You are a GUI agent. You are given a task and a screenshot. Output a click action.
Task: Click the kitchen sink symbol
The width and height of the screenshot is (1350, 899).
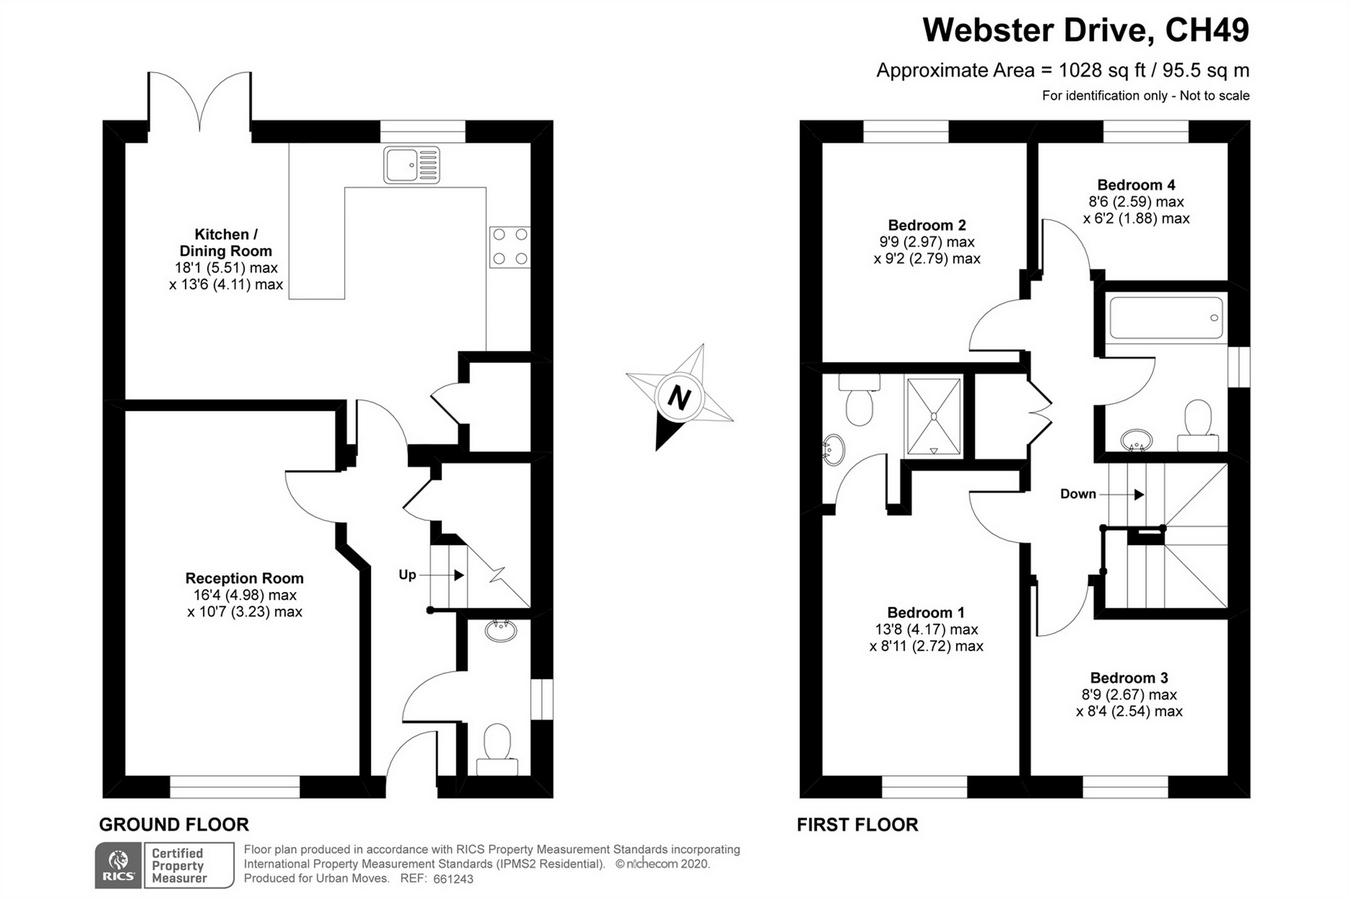(x=411, y=165)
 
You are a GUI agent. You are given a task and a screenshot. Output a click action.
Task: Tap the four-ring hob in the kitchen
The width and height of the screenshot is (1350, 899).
(x=509, y=247)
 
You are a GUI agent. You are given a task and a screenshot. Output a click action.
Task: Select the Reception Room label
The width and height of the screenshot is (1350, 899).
(x=244, y=578)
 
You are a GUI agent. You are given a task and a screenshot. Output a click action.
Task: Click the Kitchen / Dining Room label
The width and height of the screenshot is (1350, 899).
(x=226, y=242)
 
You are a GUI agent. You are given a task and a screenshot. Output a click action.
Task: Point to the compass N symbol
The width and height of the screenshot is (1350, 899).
(x=680, y=397)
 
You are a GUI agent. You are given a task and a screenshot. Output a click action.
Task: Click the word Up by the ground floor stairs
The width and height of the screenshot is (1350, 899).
(x=407, y=575)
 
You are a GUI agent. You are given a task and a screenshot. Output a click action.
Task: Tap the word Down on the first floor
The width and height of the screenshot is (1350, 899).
(x=1078, y=494)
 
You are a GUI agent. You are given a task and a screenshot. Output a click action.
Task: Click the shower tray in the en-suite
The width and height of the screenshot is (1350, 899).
(x=934, y=416)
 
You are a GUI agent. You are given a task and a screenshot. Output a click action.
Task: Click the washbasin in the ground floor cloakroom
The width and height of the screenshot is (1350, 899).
(x=499, y=630)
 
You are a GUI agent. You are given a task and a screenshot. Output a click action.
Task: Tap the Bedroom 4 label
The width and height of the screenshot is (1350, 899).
(x=1136, y=185)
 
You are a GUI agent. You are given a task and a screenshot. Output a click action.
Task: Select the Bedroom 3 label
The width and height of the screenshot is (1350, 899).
(x=1129, y=678)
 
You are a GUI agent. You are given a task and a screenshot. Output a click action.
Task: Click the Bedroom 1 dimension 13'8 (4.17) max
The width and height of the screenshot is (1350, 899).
(x=926, y=630)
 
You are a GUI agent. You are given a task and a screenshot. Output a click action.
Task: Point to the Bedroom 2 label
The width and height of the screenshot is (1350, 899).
(x=927, y=225)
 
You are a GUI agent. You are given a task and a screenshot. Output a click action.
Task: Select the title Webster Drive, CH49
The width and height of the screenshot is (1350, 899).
(x=1085, y=30)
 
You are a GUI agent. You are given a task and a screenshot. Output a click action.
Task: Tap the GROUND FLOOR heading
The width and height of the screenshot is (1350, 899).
(x=174, y=825)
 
